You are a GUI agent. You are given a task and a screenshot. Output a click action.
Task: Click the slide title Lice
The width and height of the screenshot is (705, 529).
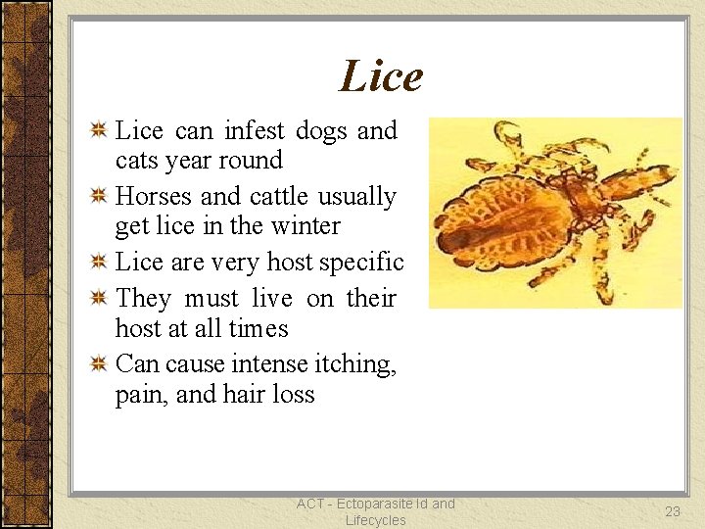coord(381,76)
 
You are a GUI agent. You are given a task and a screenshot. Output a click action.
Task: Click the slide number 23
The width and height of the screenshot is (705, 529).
coord(673,510)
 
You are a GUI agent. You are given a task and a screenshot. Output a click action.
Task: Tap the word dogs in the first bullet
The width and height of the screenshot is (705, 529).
coord(318,130)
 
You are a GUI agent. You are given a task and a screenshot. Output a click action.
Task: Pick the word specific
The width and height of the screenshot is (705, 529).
coord(359,262)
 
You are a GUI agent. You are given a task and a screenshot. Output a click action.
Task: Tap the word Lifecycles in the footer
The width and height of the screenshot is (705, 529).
coord(375,520)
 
